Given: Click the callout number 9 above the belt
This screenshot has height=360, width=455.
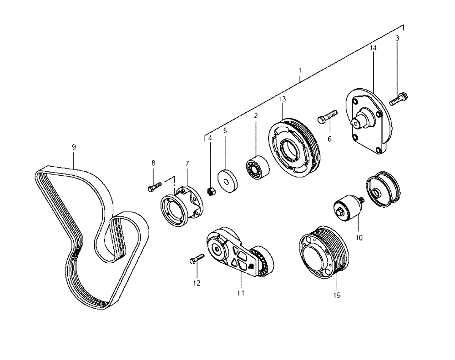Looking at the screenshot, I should pos(74,147).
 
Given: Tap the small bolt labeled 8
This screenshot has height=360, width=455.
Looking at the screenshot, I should pos(155,187).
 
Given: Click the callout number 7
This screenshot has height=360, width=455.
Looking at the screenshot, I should pos(187,163).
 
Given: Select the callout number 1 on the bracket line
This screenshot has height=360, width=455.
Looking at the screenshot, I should pos(300,70).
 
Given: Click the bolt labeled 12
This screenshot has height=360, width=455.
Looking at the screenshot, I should pos(196,260).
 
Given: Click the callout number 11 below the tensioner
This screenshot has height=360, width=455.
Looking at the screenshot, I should pos(241,293).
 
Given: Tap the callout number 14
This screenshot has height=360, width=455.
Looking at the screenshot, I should pos(373,48).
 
